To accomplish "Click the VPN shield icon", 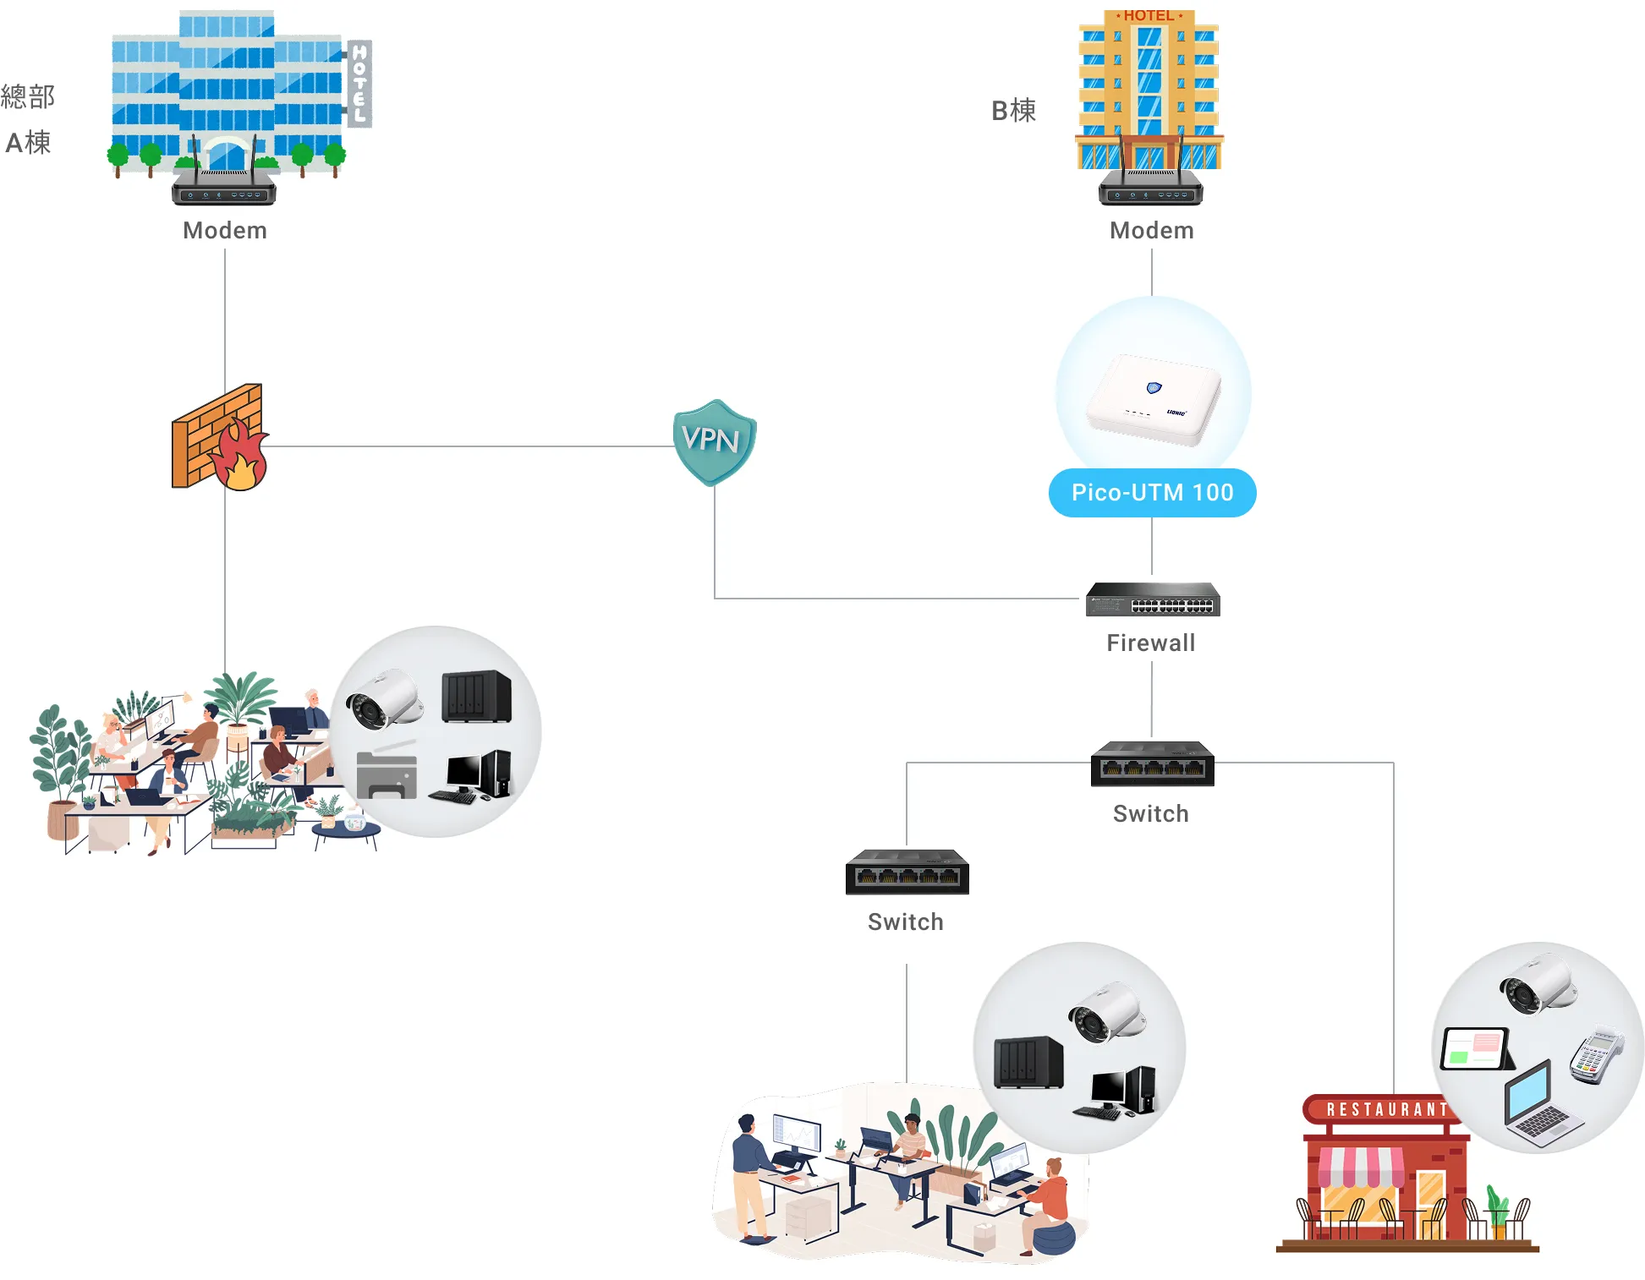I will pyautogui.click(x=714, y=441).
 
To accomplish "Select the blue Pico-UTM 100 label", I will pyautogui.click(x=1152, y=492).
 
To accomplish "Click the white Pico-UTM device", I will pyautogui.click(x=1154, y=400).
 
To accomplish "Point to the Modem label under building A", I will pyautogui.click(x=225, y=230).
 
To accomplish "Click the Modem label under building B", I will pyautogui.click(x=1152, y=230).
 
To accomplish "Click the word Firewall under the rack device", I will pyautogui.click(x=1151, y=643).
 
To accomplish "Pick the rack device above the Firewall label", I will pyautogui.click(x=1153, y=600).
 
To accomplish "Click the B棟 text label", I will pyautogui.click(x=1013, y=111).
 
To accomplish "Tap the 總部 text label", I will pyautogui.click(x=28, y=96).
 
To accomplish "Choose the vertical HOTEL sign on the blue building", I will pyautogui.click(x=359, y=83).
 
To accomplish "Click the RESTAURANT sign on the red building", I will pyautogui.click(x=1385, y=1109).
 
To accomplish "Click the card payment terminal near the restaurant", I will pyautogui.click(x=1596, y=1056).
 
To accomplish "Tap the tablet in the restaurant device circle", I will pyautogui.click(x=1476, y=1048).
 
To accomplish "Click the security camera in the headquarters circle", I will pyautogui.click(x=382, y=699).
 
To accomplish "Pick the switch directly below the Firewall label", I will pyautogui.click(x=1152, y=763).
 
